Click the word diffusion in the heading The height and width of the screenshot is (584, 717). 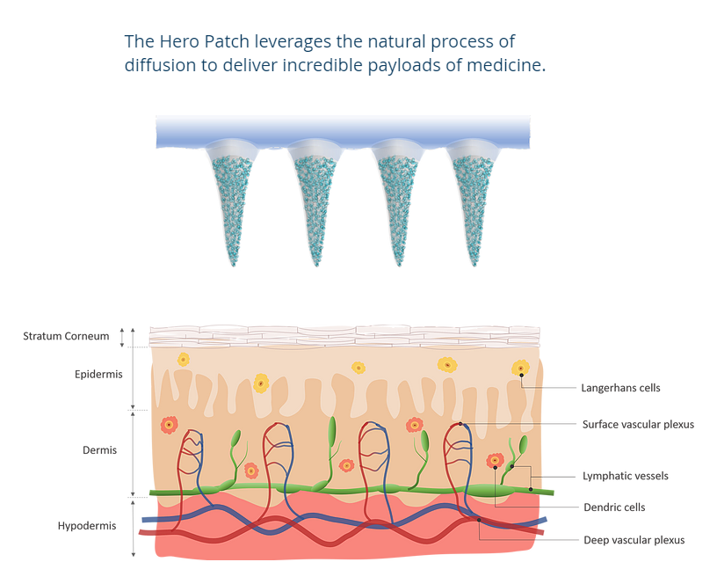point(160,67)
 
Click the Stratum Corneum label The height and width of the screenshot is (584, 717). point(66,336)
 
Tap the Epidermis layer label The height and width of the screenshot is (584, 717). point(98,375)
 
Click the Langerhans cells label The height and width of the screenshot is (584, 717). point(620,387)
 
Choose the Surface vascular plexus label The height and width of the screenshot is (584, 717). point(638,424)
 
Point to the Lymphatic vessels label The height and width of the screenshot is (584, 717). point(625,476)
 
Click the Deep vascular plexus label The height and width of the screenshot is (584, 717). point(634,539)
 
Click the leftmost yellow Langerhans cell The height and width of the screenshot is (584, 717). point(183,359)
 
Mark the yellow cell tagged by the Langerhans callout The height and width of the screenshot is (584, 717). point(520,368)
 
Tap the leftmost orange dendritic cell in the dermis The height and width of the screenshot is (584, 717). point(168,426)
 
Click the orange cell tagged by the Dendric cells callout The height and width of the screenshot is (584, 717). point(495,460)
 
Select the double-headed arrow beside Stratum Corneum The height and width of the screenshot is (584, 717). point(133,336)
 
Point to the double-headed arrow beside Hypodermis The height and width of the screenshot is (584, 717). point(133,527)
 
